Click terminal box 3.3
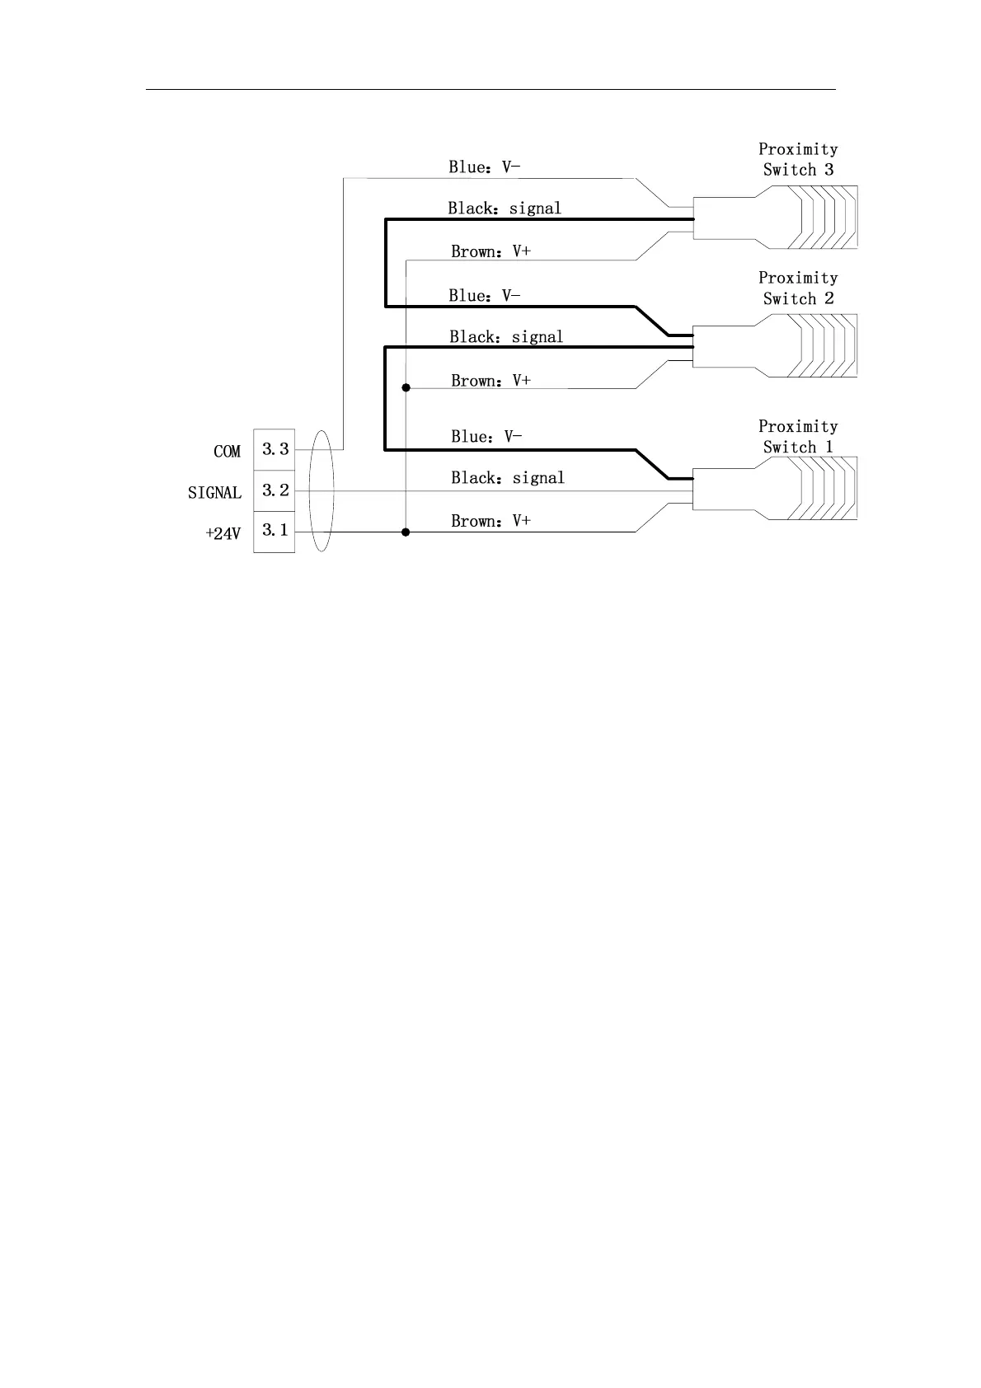[x=275, y=449]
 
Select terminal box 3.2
[x=275, y=490]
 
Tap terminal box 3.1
[x=275, y=531]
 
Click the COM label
[x=227, y=452]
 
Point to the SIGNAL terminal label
[x=214, y=493]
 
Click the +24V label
[x=223, y=534]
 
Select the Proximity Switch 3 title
[x=797, y=159]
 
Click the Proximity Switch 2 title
[x=797, y=288]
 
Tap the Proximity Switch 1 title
[x=797, y=436]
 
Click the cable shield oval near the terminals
[x=321, y=490]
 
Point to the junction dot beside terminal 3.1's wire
[x=406, y=532]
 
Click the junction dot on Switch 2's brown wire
[x=406, y=387]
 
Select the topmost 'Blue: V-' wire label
[x=484, y=167]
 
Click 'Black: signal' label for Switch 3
[x=505, y=209]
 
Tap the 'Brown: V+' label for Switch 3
[x=490, y=251]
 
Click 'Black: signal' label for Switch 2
[x=506, y=337]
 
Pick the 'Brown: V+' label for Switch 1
[x=490, y=521]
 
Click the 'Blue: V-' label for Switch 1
[x=486, y=437]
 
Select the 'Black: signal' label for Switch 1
[x=507, y=478]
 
